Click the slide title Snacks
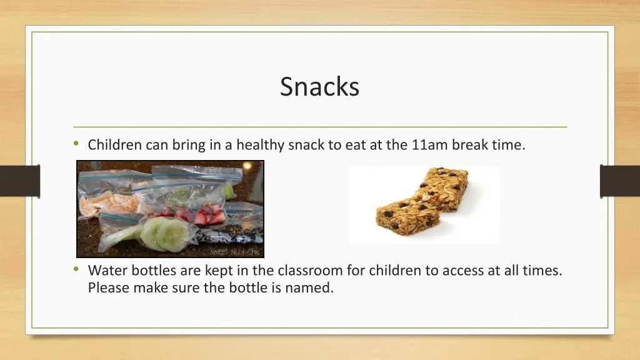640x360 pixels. coord(319,86)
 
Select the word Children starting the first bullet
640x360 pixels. coord(115,145)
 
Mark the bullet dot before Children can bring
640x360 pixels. coord(76,144)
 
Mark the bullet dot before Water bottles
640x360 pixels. coord(76,270)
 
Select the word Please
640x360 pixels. coord(107,288)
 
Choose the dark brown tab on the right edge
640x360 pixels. coord(619,181)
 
